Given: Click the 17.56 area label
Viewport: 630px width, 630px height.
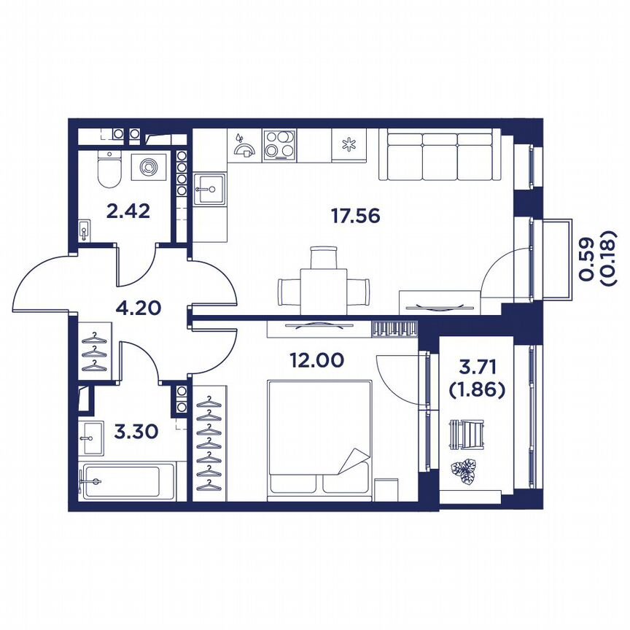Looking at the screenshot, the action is pyautogui.click(x=355, y=216).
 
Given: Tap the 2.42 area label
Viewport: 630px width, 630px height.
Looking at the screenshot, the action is pyautogui.click(x=128, y=211).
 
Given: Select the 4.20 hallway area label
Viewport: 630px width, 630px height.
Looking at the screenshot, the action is pyautogui.click(x=139, y=308).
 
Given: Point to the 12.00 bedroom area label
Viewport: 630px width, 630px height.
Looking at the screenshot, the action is pyautogui.click(x=317, y=360).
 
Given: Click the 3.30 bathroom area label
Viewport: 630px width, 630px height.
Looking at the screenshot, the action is pyautogui.click(x=136, y=432).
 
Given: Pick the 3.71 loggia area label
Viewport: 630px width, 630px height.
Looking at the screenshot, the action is pyautogui.click(x=477, y=367).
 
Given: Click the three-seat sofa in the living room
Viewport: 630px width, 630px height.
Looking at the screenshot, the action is pyautogui.click(x=440, y=155).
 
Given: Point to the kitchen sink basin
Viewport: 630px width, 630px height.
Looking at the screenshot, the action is pyautogui.click(x=210, y=190).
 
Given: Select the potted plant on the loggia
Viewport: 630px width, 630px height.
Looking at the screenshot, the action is pyautogui.click(x=463, y=471).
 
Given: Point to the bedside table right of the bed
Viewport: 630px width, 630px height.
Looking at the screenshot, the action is pyautogui.click(x=386, y=489).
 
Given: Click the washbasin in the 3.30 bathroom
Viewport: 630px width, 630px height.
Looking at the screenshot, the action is pyautogui.click(x=91, y=437).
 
